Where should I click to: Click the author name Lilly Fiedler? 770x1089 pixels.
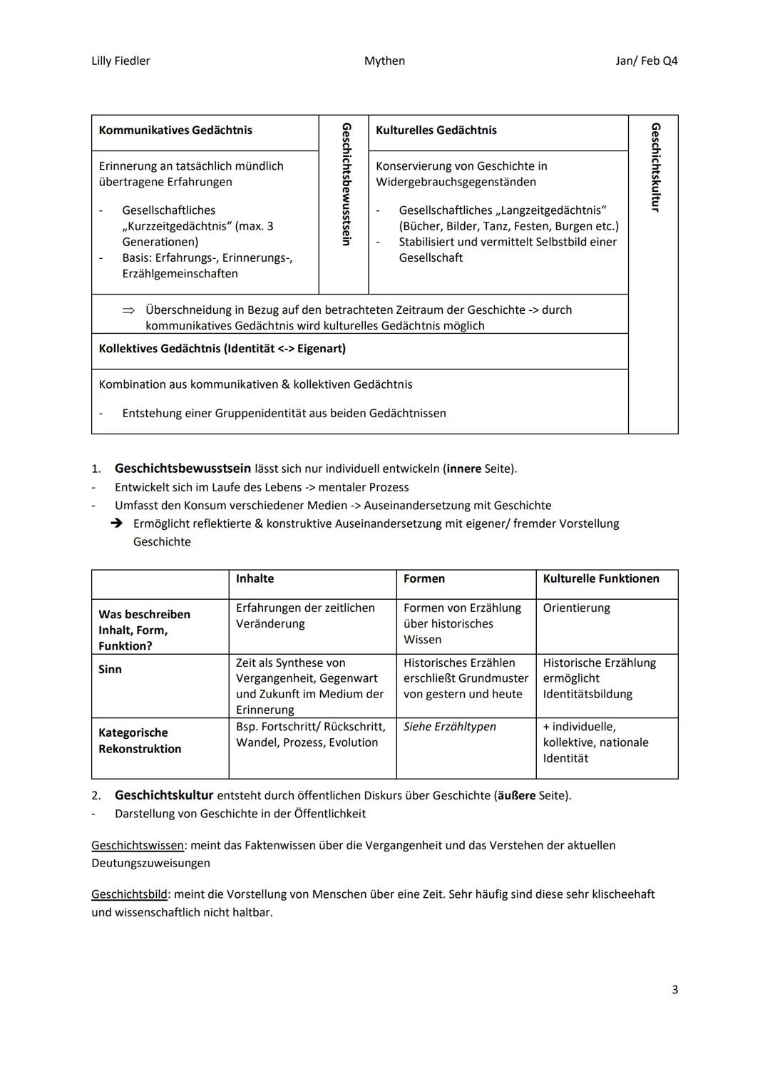[x=120, y=61]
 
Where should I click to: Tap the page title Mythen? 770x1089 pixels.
[x=384, y=61]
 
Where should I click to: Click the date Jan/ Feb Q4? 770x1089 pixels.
[x=646, y=61]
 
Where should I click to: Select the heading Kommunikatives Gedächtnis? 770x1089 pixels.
[x=175, y=131]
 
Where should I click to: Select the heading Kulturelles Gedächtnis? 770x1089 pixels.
[x=436, y=131]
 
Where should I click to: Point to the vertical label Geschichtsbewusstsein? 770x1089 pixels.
[x=346, y=184]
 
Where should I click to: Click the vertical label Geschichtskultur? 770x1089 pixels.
[x=655, y=168]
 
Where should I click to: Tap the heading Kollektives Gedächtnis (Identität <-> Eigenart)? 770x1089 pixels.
[x=222, y=349]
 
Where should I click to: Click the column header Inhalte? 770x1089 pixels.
[x=255, y=579]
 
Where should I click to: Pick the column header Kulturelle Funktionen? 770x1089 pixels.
[x=601, y=579]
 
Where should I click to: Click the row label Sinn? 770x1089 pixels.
[x=111, y=670]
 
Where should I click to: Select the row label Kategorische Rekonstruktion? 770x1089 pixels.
[x=140, y=741]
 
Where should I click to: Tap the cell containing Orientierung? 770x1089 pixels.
[x=576, y=608]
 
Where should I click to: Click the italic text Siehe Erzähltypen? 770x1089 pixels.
[x=450, y=727]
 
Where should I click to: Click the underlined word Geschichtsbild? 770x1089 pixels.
[x=129, y=894]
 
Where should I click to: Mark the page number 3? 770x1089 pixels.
[x=674, y=990]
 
